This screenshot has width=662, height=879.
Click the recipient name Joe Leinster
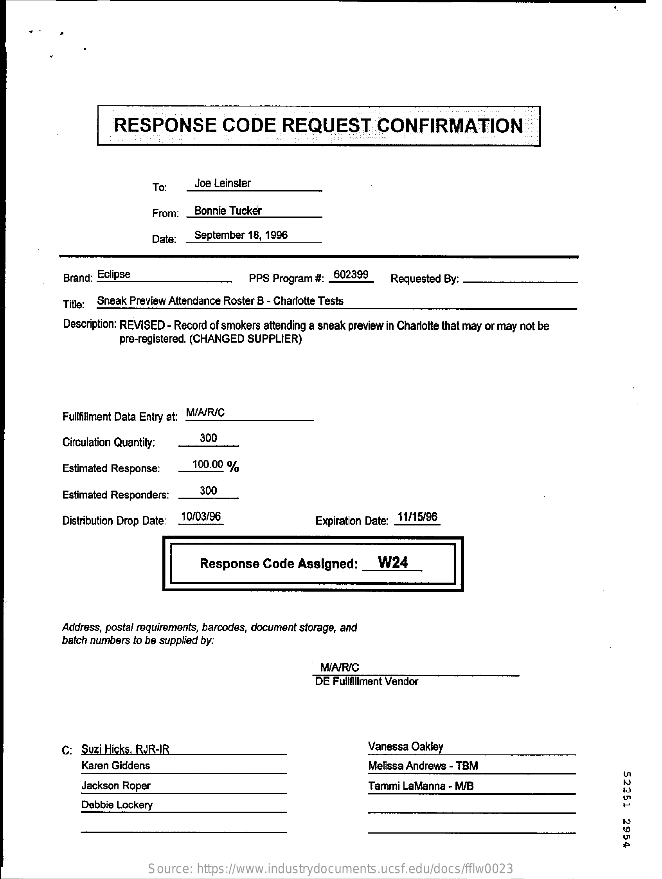click(x=222, y=183)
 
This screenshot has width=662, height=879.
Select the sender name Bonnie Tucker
click(x=228, y=211)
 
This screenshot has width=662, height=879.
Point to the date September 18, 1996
click(x=241, y=235)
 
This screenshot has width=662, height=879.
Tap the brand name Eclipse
click(x=113, y=274)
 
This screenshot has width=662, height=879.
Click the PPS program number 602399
click(x=351, y=274)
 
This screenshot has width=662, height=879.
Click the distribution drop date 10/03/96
click(x=201, y=516)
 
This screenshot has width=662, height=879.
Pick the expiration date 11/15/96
click(x=417, y=517)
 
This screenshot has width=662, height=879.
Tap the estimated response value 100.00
click(x=207, y=464)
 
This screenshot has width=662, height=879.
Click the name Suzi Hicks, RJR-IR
click(x=126, y=749)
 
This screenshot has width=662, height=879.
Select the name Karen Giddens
click(x=115, y=765)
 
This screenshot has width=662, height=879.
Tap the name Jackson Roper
click(x=116, y=785)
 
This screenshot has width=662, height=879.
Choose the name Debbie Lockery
click(x=117, y=805)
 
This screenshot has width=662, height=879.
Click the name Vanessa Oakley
click(x=405, y=747)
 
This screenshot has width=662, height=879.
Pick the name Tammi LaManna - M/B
click(x=421, y=785)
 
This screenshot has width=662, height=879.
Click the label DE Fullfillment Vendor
click(x=366, y=682)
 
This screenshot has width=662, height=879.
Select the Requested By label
click(x=425, y=279)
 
